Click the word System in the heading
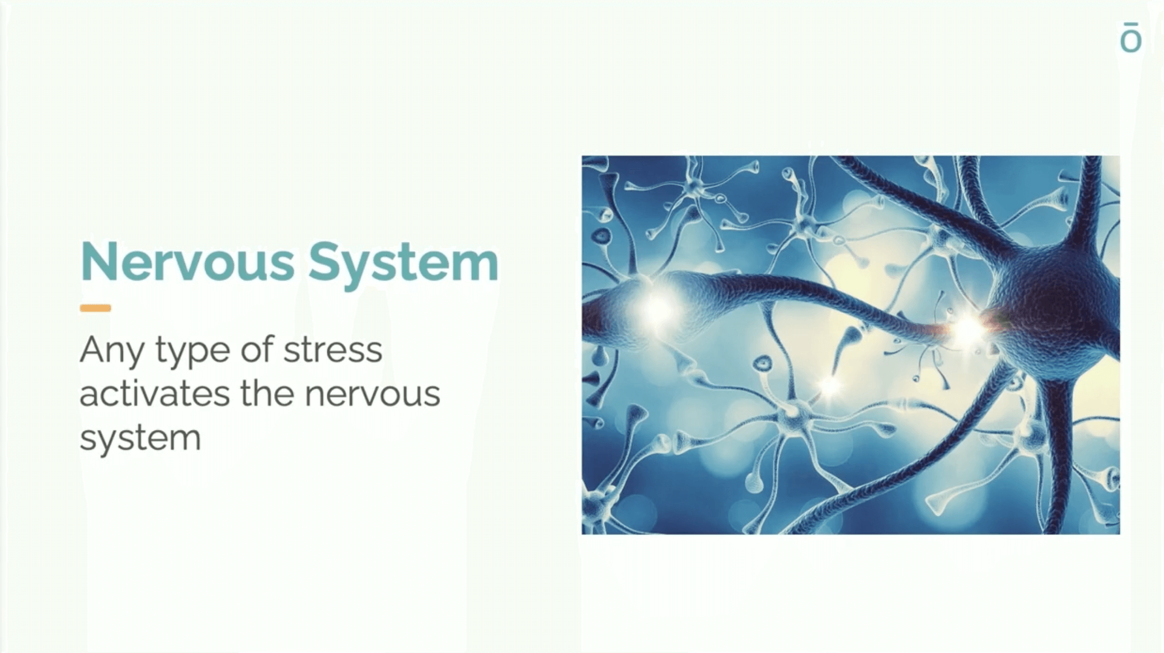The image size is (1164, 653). tap(403, 265)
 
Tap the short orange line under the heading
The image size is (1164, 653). tap(96, 308)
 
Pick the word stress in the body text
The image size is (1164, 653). tap(333, 351)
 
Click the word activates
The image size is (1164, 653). tap(155, 393)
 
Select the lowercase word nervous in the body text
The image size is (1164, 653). tap(373, 395)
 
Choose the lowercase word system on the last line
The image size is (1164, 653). tap(140, 439)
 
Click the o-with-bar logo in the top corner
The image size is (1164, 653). tap(1131, 38)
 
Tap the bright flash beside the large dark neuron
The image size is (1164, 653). tap(968, 329)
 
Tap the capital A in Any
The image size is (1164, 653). tap(94, 349)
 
